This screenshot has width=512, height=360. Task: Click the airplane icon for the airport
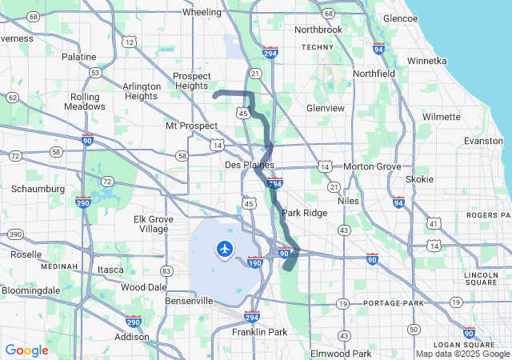[224, 250]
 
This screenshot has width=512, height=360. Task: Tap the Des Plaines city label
[244, 165]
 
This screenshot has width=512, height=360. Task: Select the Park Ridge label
[304, 214]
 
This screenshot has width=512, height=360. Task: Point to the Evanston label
[483, 141]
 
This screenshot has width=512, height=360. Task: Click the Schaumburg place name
[38, 189]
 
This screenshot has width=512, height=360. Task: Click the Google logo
[26, 350]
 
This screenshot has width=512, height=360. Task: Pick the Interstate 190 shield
[254, 262]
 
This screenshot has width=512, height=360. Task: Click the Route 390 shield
[14, 234]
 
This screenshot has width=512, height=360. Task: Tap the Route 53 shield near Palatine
[95, 73]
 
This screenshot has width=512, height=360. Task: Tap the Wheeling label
[202, 12]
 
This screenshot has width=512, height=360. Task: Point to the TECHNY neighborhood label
[316, 47]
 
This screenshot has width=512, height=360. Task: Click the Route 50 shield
[414, 329]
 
